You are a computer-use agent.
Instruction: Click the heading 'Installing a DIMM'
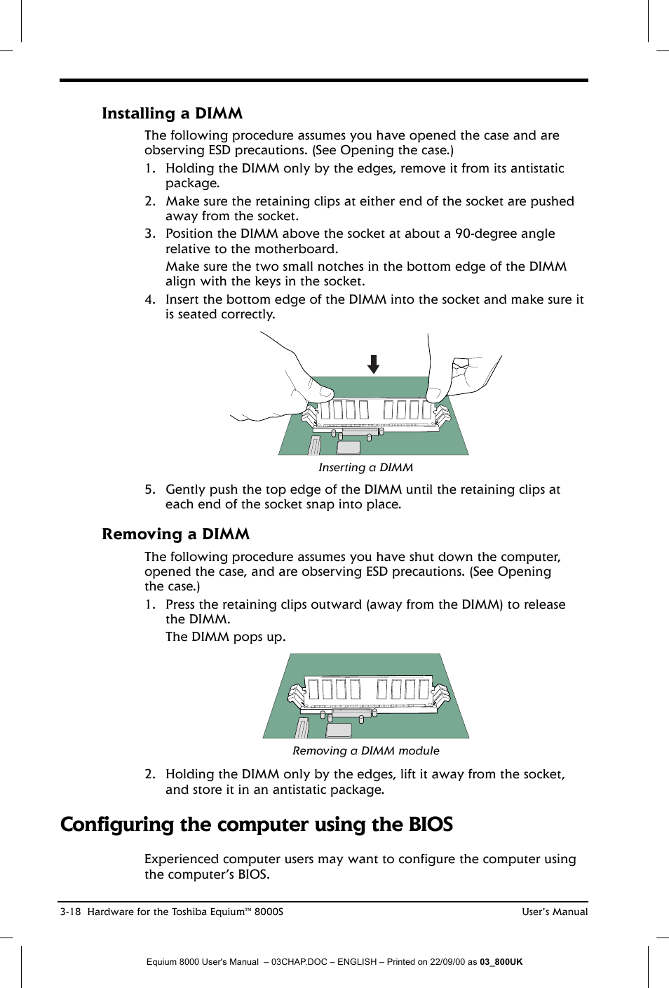pos(172,114)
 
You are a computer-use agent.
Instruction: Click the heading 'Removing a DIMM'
pos(175,534)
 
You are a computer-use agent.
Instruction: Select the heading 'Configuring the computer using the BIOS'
pos(257,825)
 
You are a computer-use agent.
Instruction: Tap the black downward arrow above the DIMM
pos(374,364)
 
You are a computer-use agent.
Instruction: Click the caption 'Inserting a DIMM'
pos(365,468)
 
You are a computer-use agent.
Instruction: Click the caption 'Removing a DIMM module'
pos(365,751)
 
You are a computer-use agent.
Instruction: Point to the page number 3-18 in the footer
pos(71,912)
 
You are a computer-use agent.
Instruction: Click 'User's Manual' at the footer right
pos(554,912)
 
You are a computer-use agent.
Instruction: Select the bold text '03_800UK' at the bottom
pos(501,962)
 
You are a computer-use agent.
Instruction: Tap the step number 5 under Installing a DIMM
pos(149,489)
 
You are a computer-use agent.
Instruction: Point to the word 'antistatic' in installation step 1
pos(537,168)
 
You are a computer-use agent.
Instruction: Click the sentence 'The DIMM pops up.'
pos(225,637)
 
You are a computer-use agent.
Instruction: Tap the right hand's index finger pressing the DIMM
pos(439,386)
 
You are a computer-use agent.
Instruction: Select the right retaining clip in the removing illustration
pos(440,695)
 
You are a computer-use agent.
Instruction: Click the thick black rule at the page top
pos(323,81)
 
